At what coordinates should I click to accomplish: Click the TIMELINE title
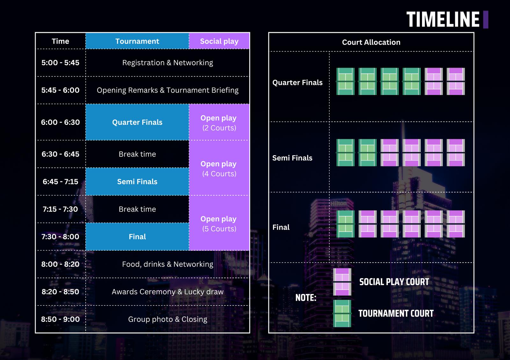point(443,19)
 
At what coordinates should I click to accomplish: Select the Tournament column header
point(137,41)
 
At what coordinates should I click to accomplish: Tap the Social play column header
point(219,41)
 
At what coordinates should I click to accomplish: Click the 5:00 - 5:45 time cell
point(60,62)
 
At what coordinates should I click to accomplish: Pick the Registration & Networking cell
point(168,62)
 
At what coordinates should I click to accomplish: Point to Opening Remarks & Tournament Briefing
point(168,90)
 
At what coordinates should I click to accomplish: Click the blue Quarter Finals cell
point(137,122)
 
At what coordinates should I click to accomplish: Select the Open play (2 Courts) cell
point(219,122)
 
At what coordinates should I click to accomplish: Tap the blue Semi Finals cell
point(137,182)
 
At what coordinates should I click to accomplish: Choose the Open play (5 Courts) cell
point(219,223)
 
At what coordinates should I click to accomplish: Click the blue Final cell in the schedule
point(137,237)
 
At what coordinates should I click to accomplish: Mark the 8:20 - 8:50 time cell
point(60,292)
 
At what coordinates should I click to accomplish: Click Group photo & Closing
point(168,319)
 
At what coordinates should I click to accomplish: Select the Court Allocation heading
point(371,42)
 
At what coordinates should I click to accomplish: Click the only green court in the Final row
point(346,224)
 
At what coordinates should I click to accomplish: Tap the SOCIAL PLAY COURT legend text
point(394,282)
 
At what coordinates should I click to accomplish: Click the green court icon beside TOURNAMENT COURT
point(342,313)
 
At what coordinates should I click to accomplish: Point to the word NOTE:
point(306,298)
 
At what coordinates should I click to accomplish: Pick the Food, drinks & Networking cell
point(168,264)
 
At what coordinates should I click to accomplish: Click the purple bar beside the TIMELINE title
point(486,19)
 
